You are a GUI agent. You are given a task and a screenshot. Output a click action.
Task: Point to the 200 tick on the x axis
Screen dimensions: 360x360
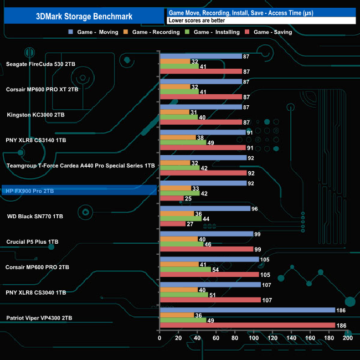[x=347, y=338]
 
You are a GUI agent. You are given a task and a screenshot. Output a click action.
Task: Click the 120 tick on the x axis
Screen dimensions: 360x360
[x=272, y=338]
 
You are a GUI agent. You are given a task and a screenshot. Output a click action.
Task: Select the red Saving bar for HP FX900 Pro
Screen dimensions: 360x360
[x=171, y=198]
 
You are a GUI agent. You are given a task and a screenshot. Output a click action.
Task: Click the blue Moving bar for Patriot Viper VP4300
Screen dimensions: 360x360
[x=247, y=310]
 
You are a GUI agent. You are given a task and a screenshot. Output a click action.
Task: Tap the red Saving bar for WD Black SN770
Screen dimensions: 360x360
[x=172, y=224]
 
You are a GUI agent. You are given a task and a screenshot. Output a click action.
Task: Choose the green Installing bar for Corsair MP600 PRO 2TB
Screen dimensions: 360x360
[x=185, y=269]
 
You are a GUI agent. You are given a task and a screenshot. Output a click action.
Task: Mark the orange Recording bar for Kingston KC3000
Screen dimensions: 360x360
[x=174, y=112]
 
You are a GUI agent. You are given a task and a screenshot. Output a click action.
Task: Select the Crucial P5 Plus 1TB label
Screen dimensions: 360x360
[x=32, y=241]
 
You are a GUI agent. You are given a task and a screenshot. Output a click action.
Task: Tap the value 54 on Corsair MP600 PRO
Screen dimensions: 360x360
[x=217, y=269]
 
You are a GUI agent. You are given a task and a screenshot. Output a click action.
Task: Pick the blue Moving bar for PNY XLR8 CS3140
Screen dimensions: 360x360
[x=202, y=132]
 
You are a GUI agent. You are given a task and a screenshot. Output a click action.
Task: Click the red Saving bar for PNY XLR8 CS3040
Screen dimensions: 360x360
[x=210, y=300]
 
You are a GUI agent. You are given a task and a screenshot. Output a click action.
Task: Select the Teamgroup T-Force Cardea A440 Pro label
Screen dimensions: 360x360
[x=80, y=166]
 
